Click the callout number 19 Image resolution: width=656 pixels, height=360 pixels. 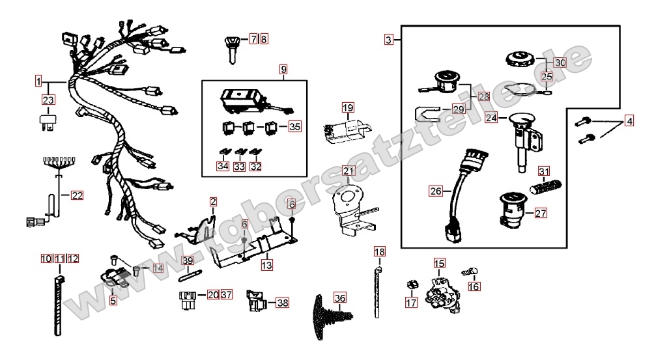(347, 107)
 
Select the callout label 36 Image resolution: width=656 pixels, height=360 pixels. (340, 298)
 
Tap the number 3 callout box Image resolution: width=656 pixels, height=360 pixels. (389, 40)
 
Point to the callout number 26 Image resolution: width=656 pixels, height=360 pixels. (435, 191)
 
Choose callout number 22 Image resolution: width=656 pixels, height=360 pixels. (78, 195)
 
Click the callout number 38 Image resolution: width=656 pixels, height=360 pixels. (282, 303)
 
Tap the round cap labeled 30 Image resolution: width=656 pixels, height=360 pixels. (521, 59)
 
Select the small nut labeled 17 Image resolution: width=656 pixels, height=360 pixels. (411, 285)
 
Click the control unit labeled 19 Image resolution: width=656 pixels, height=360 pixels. (346, 130)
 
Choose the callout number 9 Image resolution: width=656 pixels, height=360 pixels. (283, 68)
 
